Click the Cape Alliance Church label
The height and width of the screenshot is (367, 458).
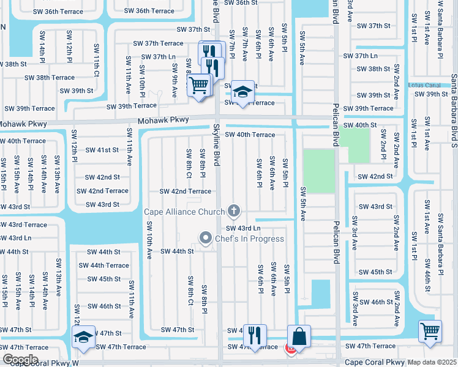point(184,212)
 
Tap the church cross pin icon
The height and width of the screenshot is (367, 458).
point(233,212)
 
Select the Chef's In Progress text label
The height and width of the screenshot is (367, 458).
point(249,238)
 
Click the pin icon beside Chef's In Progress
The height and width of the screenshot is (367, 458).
point(205,238)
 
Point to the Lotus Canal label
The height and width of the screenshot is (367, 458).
point(424,84)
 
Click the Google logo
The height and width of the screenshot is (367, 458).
point(20,359)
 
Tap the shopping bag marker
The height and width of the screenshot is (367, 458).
point(299,336)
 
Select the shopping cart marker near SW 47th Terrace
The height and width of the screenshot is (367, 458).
point(430,331)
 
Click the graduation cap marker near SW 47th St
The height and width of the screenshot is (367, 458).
point(83,337)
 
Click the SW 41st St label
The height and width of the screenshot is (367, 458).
point(102,150)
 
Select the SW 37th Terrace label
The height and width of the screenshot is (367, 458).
point(159,43)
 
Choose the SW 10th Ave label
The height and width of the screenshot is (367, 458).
point(148,240)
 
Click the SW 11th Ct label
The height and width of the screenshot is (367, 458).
point(97,60)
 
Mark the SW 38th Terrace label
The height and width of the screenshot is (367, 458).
point(50,78)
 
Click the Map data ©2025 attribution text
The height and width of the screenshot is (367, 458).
point(432,362)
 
